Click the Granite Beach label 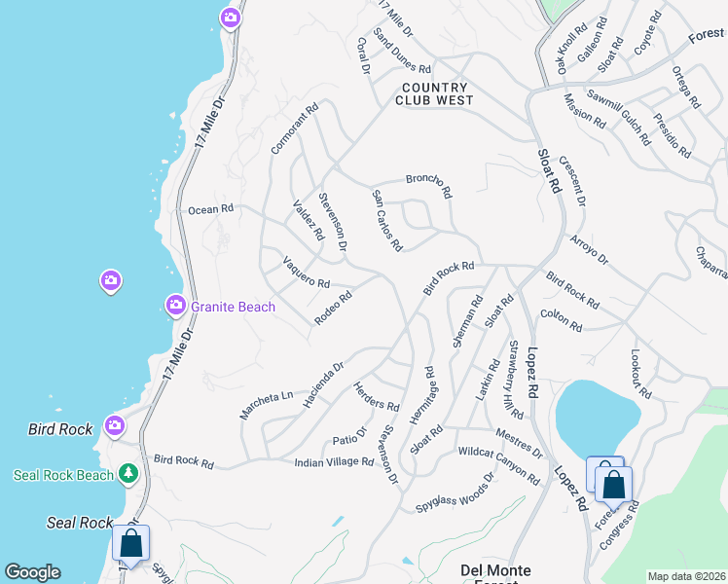[233, 307]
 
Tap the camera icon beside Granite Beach [176, 306]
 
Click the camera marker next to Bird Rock [115, 425]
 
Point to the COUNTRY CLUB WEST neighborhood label [435, 93]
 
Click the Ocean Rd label [211, 209]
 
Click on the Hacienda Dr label [324, 384]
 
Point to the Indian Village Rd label [334, 462]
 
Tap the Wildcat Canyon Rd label [498, 464]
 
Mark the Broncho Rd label [429, 184]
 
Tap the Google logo [32, 572]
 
